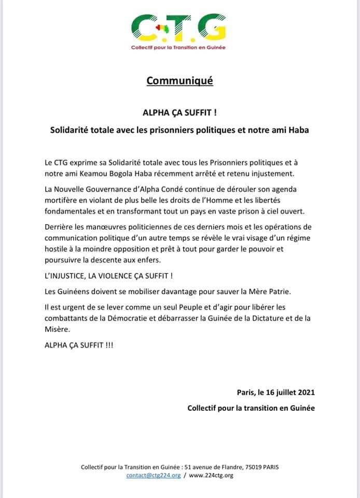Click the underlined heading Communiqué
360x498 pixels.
pyautogui.click(x=179, y=81)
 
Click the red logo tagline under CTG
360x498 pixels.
pyautogui.click(x=179, y=48)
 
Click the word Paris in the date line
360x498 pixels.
pyautogui.click(x=245, y=392)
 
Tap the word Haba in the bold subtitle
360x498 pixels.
pyautogui.click(x=298, y=130)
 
